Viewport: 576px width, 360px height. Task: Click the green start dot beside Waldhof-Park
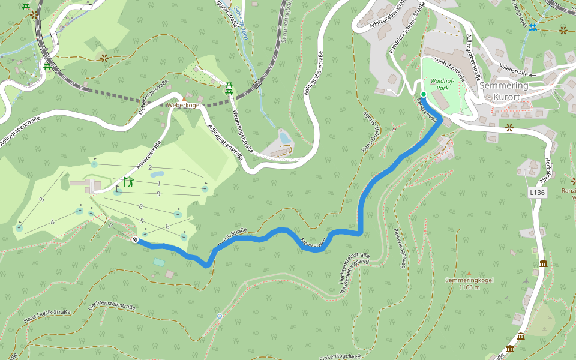click(x=423, y=94)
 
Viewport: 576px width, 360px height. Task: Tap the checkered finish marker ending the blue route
click(x=135, y=240)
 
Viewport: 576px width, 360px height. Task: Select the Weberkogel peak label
click(x=183, y=105)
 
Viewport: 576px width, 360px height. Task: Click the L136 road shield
click(x=538, y=193)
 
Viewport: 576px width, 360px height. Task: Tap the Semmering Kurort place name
click(x=504, y=91)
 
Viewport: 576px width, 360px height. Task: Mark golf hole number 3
click(x=41, y=199)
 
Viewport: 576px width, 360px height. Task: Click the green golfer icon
click(x=128, y=181)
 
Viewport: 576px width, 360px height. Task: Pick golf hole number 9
click(x=158, y=193)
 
